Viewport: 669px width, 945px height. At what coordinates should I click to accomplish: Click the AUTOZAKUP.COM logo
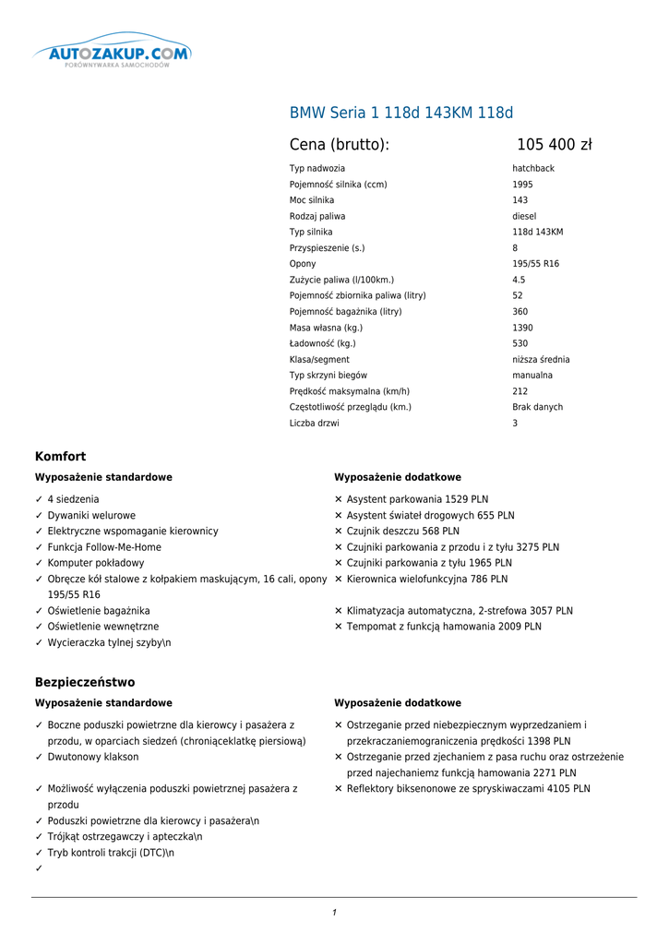point(113,54)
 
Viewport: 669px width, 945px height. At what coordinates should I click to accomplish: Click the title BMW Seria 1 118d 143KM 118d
point(401,114)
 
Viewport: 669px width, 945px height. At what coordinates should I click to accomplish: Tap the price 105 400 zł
point(554,145)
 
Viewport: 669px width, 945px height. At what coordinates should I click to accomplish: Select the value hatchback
point(533,169)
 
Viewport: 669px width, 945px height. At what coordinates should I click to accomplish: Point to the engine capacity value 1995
point(522,185)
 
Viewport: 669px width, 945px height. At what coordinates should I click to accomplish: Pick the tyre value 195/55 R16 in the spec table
point(535,264)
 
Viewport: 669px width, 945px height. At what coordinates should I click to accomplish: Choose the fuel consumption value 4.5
point(519,280)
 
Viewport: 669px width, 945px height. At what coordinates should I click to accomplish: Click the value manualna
point(532,376)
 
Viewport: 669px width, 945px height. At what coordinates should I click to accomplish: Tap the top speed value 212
point(520,391)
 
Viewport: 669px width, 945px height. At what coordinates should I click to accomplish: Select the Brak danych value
point(537,407)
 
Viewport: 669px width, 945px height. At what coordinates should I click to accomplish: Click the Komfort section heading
point(61,457)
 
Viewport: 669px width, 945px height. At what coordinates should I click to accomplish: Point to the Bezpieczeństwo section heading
point(85,682)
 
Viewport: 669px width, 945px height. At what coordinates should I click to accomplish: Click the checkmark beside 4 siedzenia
point(39,499)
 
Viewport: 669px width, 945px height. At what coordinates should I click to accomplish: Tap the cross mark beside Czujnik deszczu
point(339,532)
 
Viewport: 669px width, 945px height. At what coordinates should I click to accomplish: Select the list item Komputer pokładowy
point(96,563)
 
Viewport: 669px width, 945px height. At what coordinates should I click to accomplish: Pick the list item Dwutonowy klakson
point(93,757)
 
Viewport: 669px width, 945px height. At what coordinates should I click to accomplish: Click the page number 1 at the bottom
point(334,913)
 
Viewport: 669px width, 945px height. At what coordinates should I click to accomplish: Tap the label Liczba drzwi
point(314,424)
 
